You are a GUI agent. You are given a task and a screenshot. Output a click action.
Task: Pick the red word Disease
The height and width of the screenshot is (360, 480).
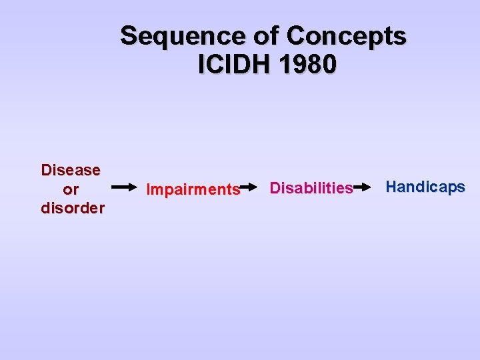click(x=71, y=170)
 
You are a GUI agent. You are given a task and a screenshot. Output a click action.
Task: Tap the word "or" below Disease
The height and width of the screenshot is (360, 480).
click(x=71, y=189)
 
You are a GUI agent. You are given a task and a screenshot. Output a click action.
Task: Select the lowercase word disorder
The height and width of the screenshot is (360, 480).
click(x=73, y=208)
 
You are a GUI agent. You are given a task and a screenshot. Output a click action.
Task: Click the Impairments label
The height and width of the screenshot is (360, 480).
click(x=193, y=190)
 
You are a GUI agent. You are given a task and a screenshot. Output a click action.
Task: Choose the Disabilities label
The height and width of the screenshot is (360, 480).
click(x=311, y=189)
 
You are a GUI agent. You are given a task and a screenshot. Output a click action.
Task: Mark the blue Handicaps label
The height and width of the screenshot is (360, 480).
click(x=425, y=187)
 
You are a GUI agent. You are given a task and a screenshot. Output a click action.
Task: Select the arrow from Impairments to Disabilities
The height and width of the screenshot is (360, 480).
click(x=248, y=189)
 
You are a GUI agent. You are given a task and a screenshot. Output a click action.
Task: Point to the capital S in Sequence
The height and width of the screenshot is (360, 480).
click(x=129, y=36)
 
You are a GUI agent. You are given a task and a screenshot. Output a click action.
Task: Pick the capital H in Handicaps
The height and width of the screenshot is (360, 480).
click(x=391, y=187)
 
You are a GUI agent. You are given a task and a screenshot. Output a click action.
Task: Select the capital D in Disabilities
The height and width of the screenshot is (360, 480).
click(x=275, y=189)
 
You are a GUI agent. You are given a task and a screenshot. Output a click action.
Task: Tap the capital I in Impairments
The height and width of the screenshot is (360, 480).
click(x=149, y=190)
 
